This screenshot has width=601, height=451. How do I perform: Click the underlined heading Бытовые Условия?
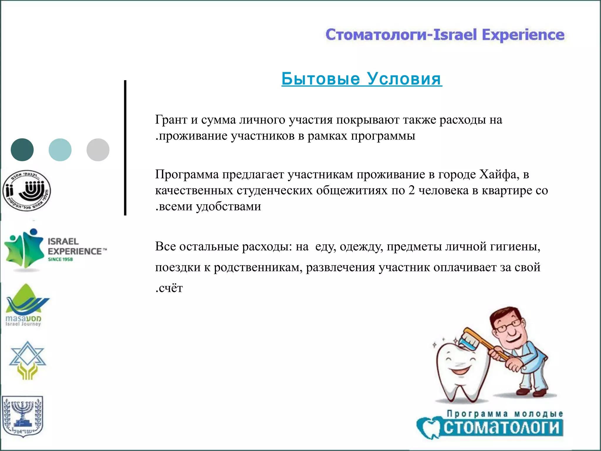[x=362, y=79]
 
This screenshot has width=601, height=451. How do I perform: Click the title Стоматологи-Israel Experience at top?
[x=445, y=35]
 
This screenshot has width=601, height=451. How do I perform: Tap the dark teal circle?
[x=22, y=150]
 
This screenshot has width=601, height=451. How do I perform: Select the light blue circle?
[x=60, y=150]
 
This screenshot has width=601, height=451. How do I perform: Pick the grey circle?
[x=98, y=150]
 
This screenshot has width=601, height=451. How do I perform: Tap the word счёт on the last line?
[x=170, y=288]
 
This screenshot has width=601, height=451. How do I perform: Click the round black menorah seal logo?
[x=26, y=191]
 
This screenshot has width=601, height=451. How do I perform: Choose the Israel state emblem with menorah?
[x=22, y=416]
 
